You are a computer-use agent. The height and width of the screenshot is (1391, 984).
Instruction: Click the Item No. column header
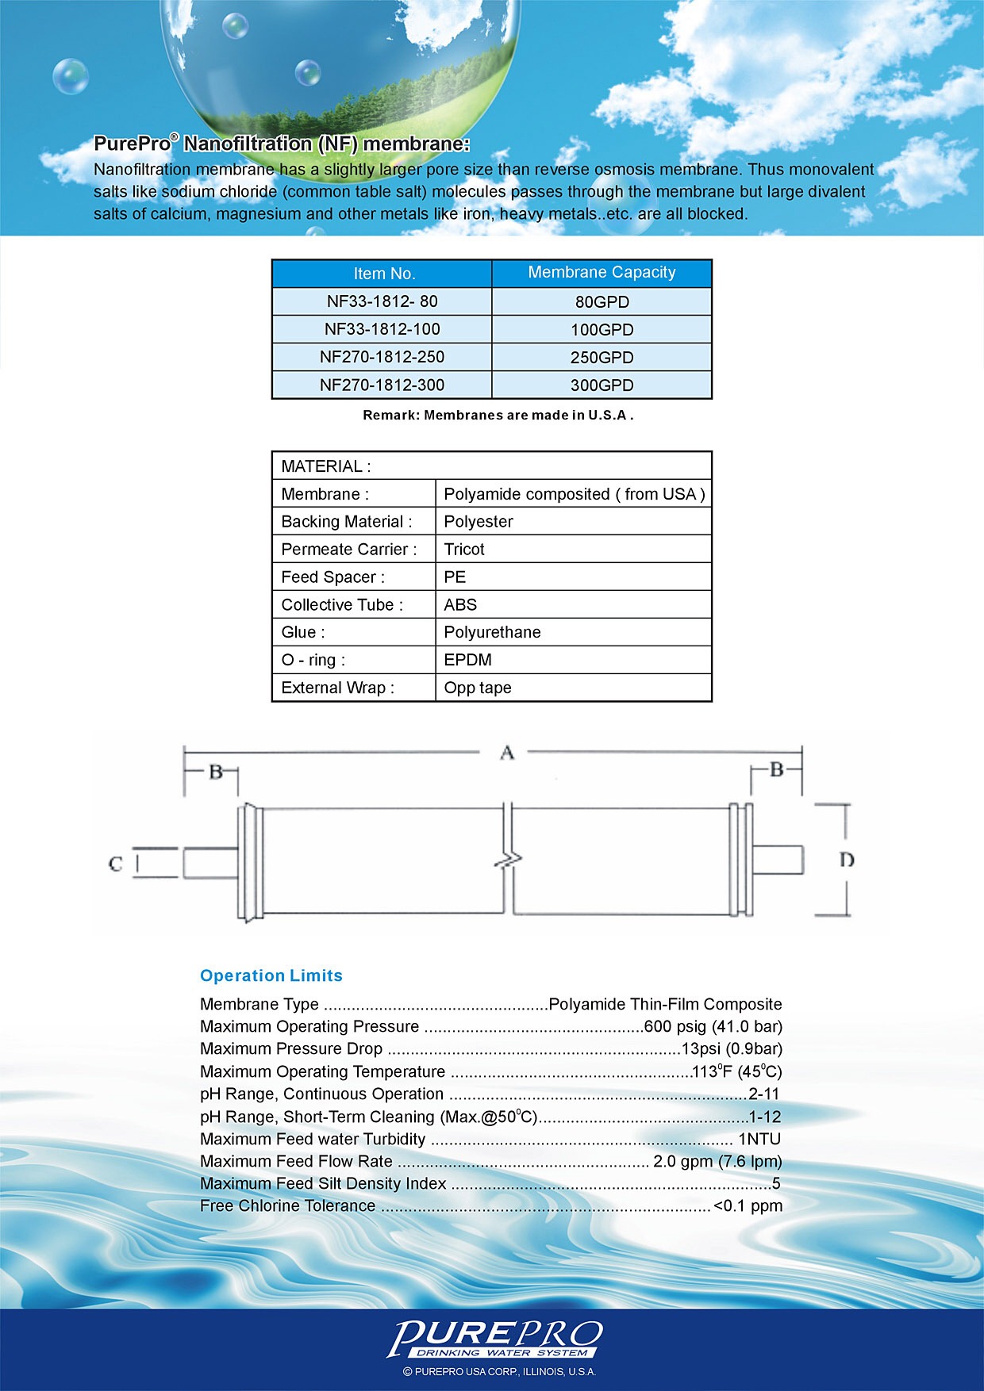[384, 274]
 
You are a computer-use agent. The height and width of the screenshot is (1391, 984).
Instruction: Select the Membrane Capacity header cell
[602, 273]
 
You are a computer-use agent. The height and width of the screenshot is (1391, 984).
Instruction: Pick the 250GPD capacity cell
[602, 358]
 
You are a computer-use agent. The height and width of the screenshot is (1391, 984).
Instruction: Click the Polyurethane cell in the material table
[492, 632]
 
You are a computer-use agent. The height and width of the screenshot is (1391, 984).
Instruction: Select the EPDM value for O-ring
[467, 660]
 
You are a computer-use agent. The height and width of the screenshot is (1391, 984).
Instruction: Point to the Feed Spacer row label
[332, 577]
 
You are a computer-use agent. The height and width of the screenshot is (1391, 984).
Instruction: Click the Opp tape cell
[478, 688]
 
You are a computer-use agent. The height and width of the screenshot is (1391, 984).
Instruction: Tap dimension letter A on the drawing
[507, 753]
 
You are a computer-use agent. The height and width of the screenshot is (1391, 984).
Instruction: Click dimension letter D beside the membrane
[847, 860]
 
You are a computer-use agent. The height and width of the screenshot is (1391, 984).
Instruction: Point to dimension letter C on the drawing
[116, 864]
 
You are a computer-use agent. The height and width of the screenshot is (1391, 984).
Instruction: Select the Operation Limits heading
[271, 975]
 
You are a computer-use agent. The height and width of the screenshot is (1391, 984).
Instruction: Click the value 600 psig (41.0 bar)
[713, 1026]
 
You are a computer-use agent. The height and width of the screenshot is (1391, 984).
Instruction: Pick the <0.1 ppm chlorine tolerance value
[748, 1205]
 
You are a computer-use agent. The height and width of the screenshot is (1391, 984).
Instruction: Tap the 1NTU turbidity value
[759, 1139]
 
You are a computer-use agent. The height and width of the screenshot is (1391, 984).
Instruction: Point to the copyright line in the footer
[499, 1371]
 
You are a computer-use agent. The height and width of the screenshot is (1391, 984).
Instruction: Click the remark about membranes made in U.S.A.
[498, 415]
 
